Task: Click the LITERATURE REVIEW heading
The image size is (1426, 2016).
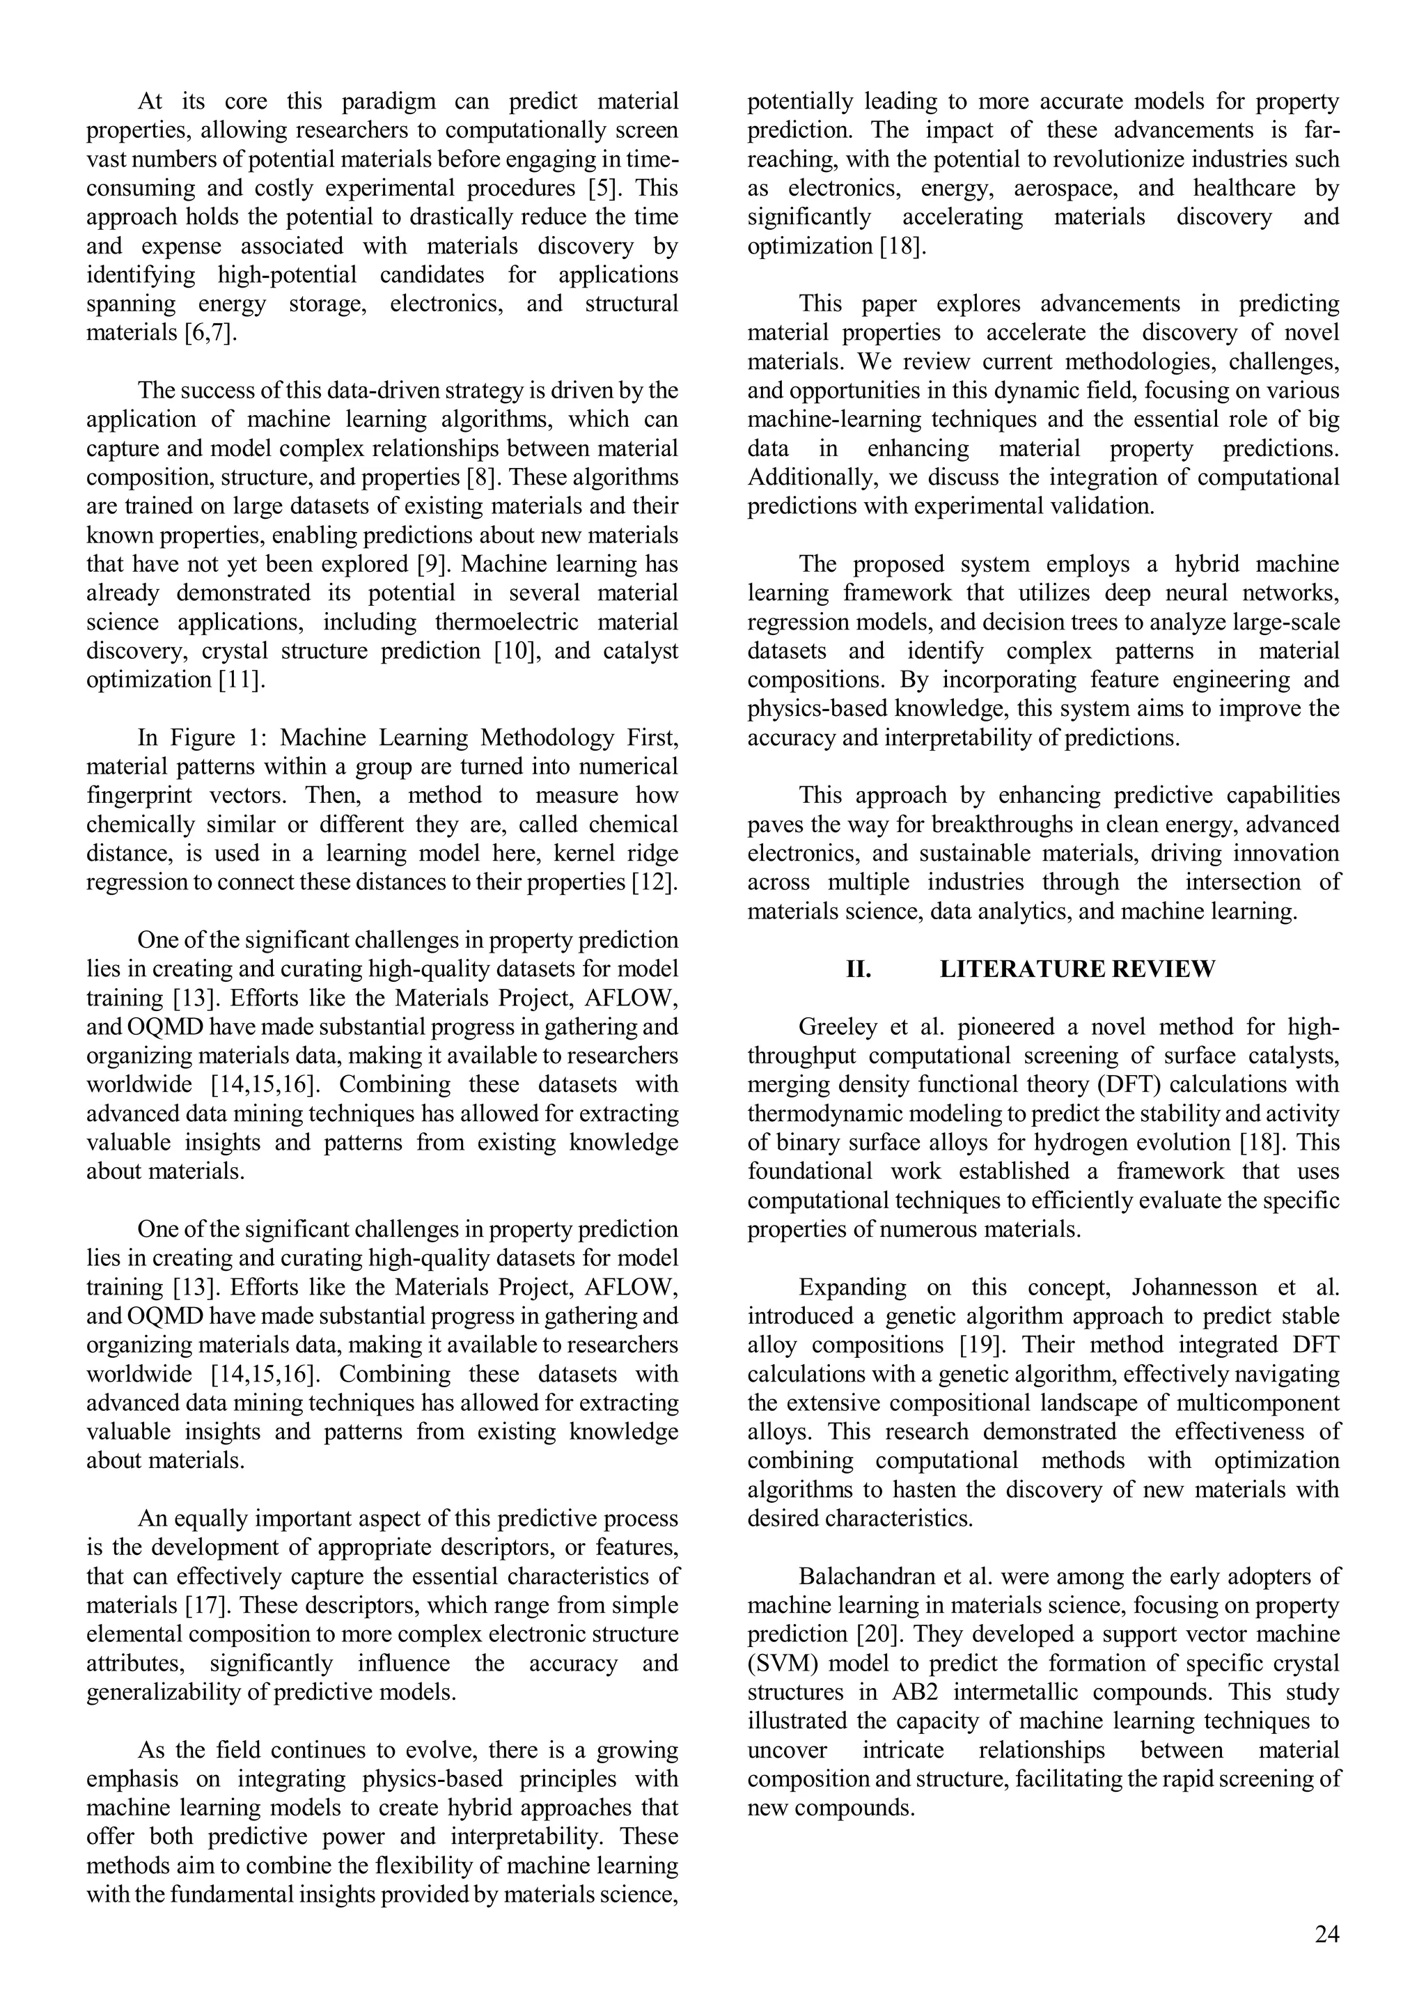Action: [x=1077, y=969]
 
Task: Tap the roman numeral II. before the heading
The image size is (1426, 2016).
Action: [x=858, y=969]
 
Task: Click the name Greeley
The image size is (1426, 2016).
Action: [x=833, y=1027]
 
